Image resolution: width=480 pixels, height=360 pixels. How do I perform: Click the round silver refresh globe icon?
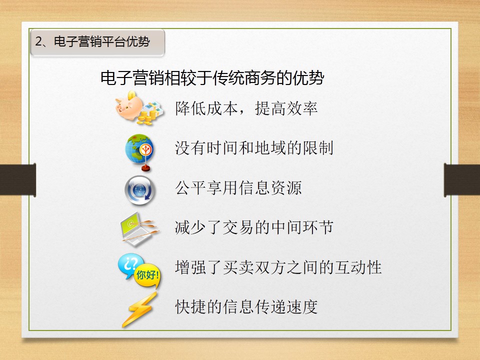[x=140, y=190]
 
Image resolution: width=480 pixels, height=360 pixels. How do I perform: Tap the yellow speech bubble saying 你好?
[x=147, y=275]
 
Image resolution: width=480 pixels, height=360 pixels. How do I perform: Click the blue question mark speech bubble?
[x=130, y=265]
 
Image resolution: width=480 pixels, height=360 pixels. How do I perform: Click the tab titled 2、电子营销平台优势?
[x=97, y=42]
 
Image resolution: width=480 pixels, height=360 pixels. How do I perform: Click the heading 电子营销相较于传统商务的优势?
[x=212, y=78]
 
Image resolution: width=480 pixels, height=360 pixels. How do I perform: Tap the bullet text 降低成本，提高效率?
[x=246, y=108]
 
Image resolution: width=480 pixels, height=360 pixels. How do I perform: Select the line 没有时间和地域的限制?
[x=254, y=148]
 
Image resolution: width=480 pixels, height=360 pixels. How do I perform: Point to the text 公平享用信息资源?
[x=238, y=187]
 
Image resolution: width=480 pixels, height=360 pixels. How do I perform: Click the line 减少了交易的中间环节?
[x=254, y=227]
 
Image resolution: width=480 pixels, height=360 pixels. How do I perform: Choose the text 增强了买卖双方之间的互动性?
[x=278, y=267]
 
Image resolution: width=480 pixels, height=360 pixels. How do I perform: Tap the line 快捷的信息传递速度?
[x=246, y=306]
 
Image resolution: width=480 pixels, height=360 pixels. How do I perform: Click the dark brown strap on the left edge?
[x=18, y=179]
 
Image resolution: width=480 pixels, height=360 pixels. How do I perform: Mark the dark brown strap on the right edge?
[x=462, y=180]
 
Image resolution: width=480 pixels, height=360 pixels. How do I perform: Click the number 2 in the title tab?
[x=38, y=41]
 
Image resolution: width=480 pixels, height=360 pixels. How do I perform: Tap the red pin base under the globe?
[x=145, y=168]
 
